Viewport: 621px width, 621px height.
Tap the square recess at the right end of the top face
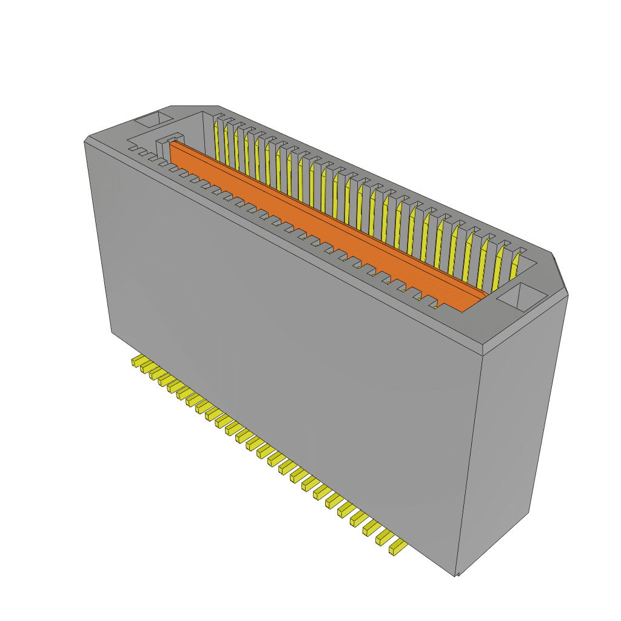click(522, 297)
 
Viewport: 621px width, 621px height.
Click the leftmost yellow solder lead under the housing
click(136, 362)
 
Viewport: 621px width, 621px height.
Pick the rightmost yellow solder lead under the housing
click(398, 548)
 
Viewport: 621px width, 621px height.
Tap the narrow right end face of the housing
click(512, 425)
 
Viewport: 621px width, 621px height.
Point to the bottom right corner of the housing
click(456, 575)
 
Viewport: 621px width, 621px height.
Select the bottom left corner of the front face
click(112, 332)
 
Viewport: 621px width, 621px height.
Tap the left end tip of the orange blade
click(173, 145)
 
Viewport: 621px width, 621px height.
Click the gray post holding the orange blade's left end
click(163, 149)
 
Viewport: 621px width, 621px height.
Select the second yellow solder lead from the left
click(145, 368)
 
